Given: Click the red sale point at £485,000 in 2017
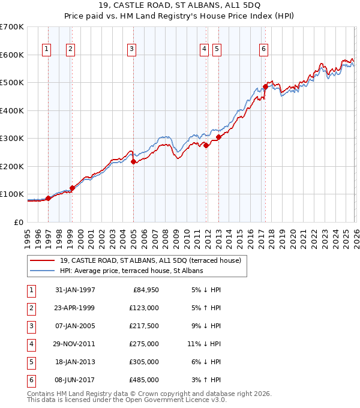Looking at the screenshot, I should coord(265,87).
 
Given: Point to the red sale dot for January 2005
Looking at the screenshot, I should coord(133,161).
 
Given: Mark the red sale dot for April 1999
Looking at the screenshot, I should coord(72,188).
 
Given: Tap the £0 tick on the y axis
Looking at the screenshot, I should coord(18,222).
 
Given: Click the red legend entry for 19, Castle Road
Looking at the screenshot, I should coord(150,260).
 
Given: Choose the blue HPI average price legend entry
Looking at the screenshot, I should coord(131,271).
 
